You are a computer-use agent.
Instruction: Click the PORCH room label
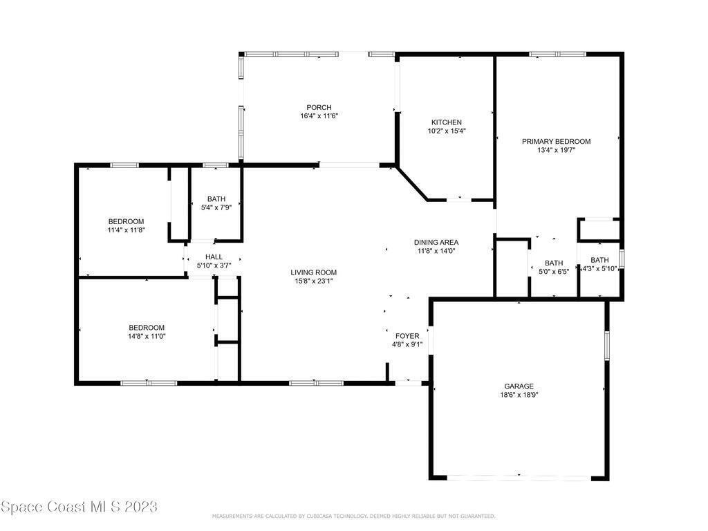[x=319, y=107]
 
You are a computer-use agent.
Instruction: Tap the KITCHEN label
[x=447, y=122]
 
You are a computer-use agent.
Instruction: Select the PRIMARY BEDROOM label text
[x=557, y=141]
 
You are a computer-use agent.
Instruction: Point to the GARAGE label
[x=519, y=386]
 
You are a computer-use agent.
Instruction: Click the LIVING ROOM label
[x=314, y=272]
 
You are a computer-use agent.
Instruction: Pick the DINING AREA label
[x=436, y=243]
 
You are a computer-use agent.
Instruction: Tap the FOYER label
[x=407, y=336]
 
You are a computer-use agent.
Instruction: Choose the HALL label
[x=214, y=257]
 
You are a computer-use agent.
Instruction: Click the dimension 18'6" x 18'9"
[x=519, y=395]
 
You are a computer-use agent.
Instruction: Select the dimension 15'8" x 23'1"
[x=314, y=281]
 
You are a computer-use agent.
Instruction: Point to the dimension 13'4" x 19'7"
[x=557, y=150]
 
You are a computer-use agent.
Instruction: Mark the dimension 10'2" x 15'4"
[x=447, y=131]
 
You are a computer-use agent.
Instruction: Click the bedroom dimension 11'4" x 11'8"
[x=126, y=230]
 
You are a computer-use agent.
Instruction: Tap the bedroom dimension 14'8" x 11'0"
[x=147, y=336]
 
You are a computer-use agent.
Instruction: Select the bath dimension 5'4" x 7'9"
[x=216, y=207]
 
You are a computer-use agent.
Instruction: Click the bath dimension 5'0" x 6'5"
[x=554, y=271]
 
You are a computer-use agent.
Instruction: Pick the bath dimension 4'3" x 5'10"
[x=599, y=269]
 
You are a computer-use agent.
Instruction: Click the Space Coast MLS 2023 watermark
[x=79, y=507]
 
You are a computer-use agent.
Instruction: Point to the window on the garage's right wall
[x=607, y=346]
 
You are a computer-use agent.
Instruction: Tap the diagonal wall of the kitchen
[x=412, y=184]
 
